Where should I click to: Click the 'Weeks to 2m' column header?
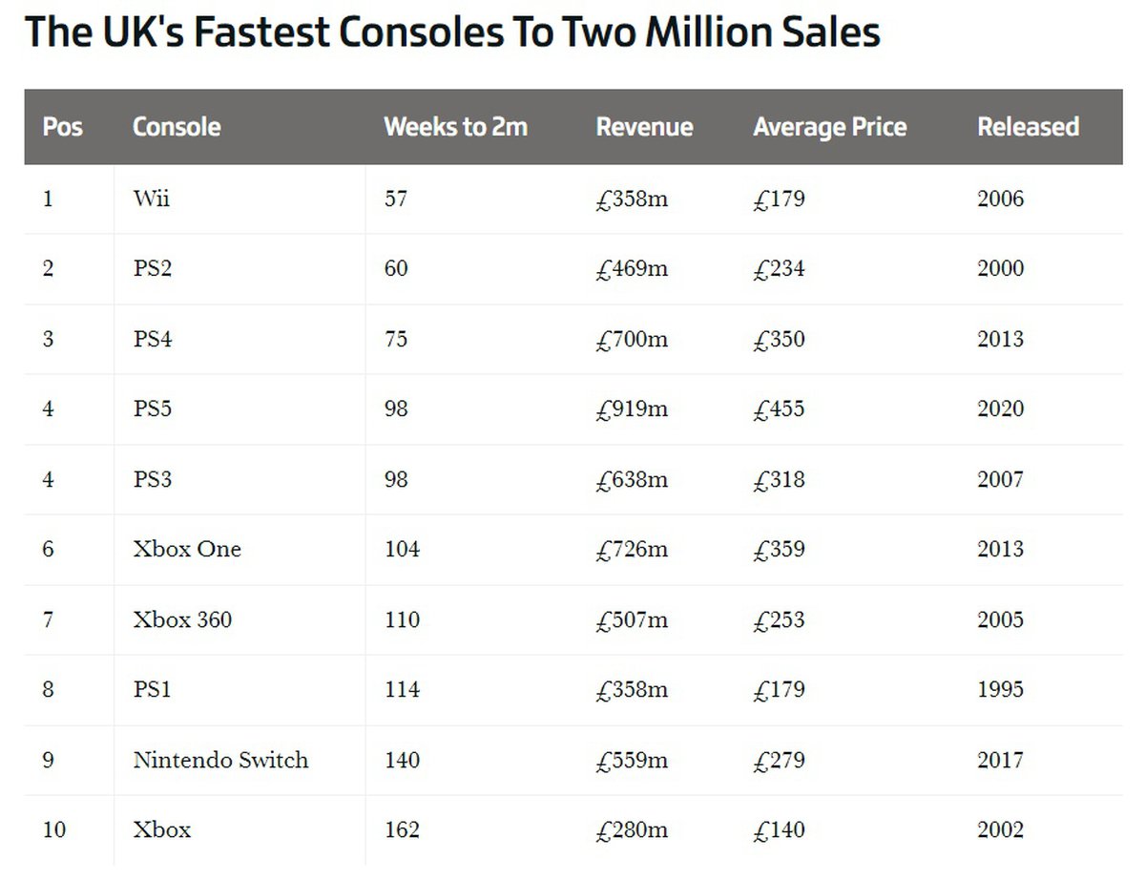(455, 127)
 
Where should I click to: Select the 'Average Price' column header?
(829, 127)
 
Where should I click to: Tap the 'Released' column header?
(1028, 127)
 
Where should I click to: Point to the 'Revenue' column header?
(644, 127)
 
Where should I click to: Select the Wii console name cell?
(152, 199)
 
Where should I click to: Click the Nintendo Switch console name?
(220, 760)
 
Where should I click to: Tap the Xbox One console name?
(187, 549)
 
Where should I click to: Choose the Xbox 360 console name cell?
(182, 619)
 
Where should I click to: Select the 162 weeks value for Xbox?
(402, 829)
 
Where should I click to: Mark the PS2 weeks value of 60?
(396, 268)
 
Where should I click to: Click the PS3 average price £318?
(779, 479)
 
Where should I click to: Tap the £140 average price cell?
(779, 829)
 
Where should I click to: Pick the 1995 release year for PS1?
(1000, 689)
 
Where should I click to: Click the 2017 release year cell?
(1000, 760)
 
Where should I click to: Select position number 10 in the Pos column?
(54, 829)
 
